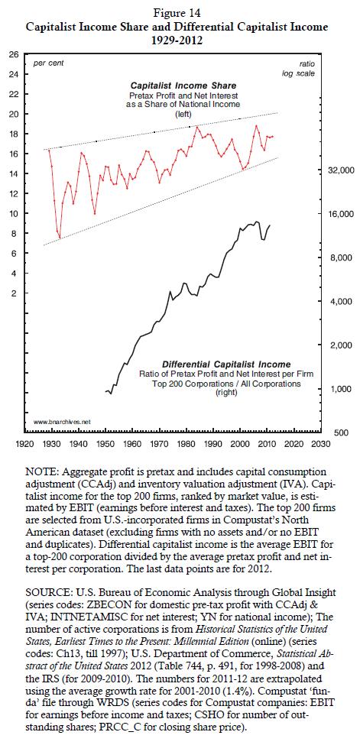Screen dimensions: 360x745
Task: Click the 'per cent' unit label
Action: click(48, 63)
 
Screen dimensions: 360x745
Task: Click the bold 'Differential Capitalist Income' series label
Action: click(226, 364)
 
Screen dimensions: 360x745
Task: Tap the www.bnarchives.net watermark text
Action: click(62, 422)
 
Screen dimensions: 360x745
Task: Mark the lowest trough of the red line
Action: click(60, 238)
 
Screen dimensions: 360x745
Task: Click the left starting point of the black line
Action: click(105, 391)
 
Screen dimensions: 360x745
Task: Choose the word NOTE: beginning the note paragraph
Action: click(47, 471)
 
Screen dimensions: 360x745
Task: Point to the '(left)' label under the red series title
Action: click(183, 114)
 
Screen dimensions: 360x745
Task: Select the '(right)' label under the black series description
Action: click(226, 393)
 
